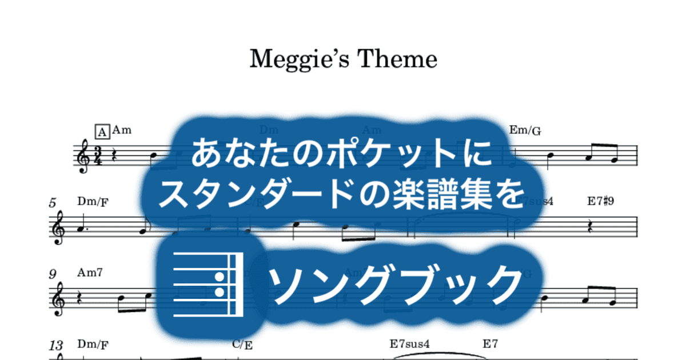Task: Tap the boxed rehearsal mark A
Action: pyautogui.click(x=102, y=132)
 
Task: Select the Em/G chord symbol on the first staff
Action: pyautogui.click(x=525, y=131)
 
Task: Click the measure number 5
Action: pyautogui.click(x=53, y=203)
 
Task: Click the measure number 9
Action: pyautogui.click(x=53, y=274)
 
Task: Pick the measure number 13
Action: pyautogui.click(x=56, y=345)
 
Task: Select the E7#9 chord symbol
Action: pyautogui.click(x=600, y=202)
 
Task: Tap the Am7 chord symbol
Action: pyautogui.click(x=90, y=273)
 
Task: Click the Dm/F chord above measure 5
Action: pyautogui.click(x=93, y=202)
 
